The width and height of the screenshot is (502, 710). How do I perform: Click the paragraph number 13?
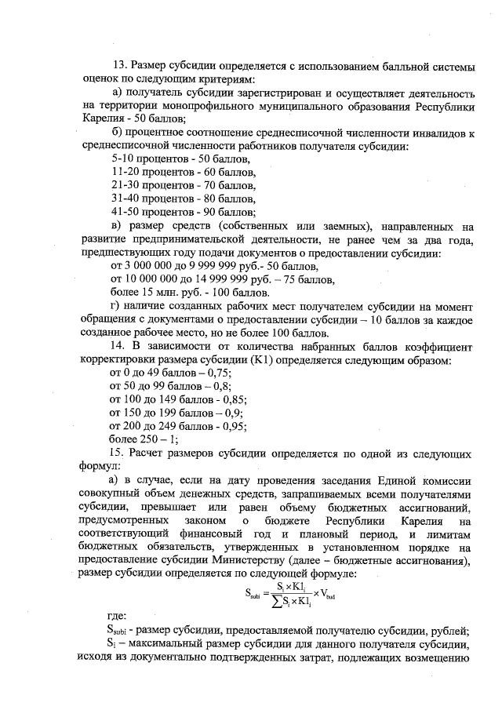[x=120, y=64]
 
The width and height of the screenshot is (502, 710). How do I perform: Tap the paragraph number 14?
[x=120, y=346]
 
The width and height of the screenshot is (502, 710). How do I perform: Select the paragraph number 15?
[x=120, y=453]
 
